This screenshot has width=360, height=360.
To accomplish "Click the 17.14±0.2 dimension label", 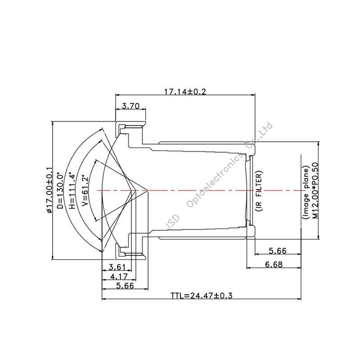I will [x=184, y=91].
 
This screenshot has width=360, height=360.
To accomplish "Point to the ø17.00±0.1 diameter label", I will [x=49, y=191].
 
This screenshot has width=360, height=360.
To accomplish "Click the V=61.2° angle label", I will [x=84, y=191].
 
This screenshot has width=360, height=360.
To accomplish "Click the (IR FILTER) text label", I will [x=258, y=191].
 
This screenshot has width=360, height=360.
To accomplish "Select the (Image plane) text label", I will [x=306, y=191].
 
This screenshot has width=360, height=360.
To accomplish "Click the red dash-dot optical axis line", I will [x=202, y=190].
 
